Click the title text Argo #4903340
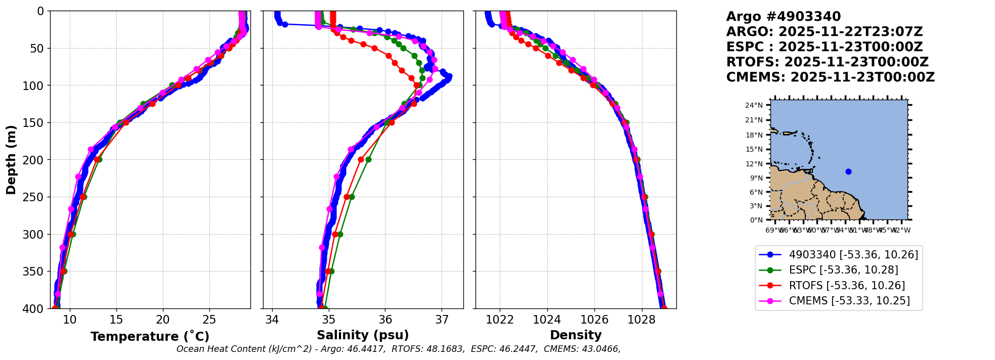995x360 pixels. (x=783, y=17)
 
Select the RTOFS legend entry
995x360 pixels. (x=847, y=286)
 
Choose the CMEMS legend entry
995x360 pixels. (x=849, y=301)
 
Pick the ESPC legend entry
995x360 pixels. (x=843, y=270)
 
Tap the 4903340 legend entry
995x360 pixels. (x=853, y=255)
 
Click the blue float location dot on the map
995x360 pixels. (x=848, y=171)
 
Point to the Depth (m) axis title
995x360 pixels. (x=11, y=160)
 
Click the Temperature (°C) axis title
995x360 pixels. (x=150, y=337)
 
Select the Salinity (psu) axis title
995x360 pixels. (x=363, y=335)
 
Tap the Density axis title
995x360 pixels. (x=576, y=335)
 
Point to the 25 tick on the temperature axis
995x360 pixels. (x=209, y=320)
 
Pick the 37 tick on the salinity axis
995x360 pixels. (x=442, y=320)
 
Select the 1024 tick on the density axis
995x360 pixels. (x=547, y=320)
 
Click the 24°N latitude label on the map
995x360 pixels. (x=754, y=106)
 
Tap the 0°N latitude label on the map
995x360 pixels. (x=756, y=220)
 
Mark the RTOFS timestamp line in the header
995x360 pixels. (x=827, y=62)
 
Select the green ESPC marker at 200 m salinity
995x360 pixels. (x=368, y=159)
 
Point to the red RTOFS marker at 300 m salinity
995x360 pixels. (x=335, y=234)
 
